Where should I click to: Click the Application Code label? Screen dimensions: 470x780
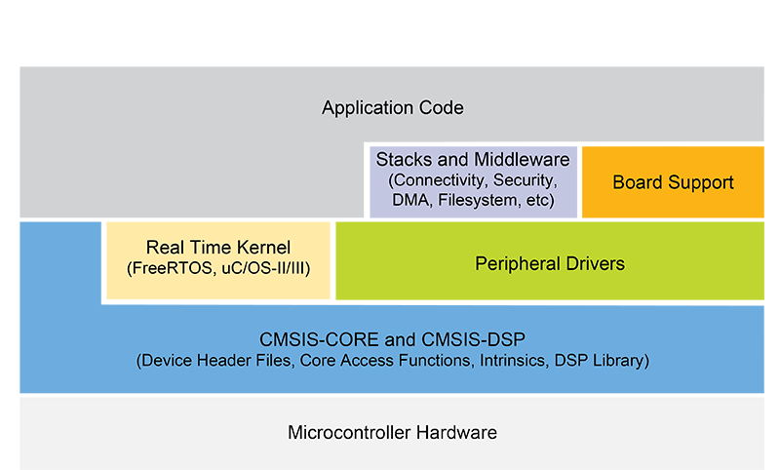pyautogui.click(x=393, y=107)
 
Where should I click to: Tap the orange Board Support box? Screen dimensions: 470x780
pyautogui.click(x=673, y=182)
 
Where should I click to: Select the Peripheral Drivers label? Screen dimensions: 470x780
pyautogui.click(x=549, y=263)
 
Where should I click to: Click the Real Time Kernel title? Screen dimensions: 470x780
pyautogui.click(x=218, y=248)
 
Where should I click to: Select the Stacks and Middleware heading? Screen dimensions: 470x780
pyautogui.click(x=473, y=160)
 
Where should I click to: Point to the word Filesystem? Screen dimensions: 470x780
pyautogui.click(x=475, y=202)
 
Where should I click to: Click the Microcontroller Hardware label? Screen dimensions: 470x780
pyautogui.click(x=393, y=432)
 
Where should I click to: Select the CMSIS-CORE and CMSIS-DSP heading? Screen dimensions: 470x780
pyautogui.click(x=392, y=340)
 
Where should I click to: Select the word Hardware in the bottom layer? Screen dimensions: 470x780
pyautogui.click(x=457, y=432)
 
